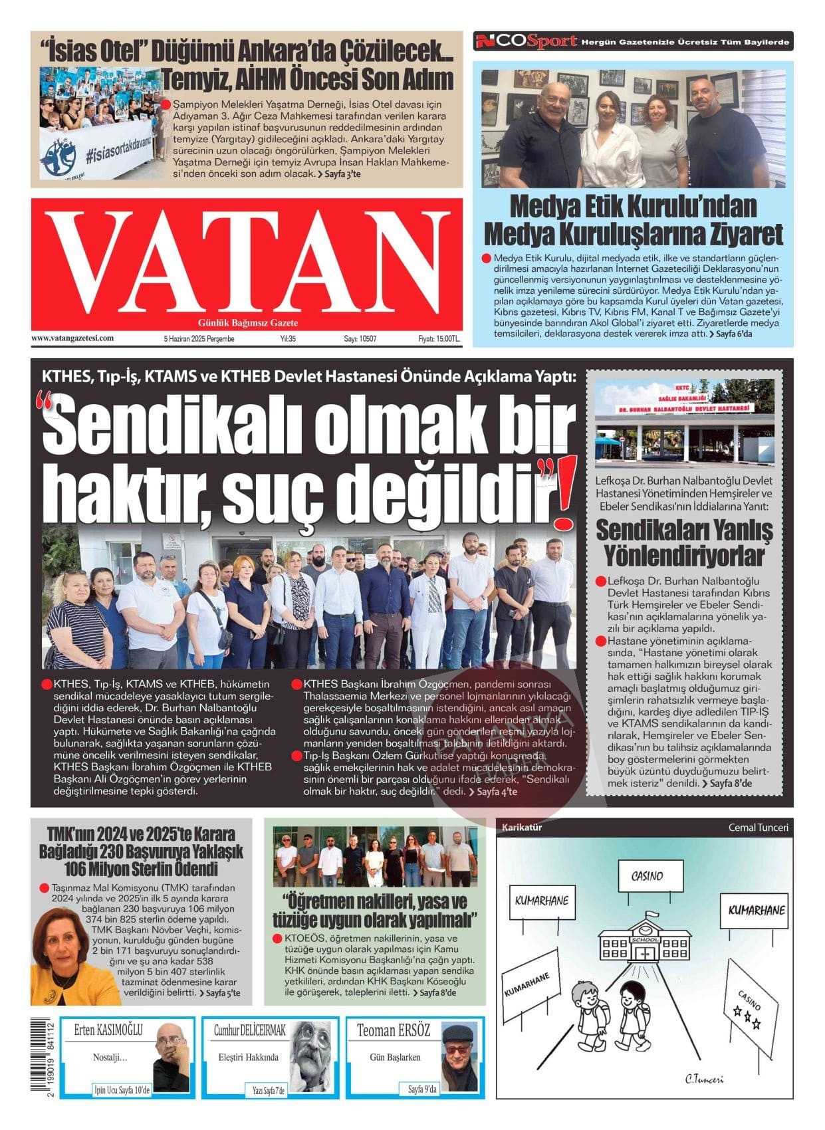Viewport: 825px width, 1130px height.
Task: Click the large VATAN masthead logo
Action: (246, 263)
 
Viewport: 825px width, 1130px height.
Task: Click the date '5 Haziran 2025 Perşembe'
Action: (199, 338)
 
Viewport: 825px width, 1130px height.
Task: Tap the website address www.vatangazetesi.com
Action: (72, 338)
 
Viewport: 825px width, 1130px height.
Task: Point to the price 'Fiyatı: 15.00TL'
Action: (439, 338)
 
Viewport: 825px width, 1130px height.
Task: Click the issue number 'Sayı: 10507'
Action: (360, 338)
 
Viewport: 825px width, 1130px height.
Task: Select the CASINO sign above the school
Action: (650, 876)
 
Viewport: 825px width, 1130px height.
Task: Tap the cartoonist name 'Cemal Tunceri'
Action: (758, 828)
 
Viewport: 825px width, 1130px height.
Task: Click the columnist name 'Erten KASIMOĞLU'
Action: (108, 1030)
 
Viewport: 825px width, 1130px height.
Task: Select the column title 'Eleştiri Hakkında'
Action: (249, 1058)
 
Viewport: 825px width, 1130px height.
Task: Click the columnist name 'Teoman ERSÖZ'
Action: (394, 1031)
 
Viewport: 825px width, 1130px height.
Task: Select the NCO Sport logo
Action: (525, 42)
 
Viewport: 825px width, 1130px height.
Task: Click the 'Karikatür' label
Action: (522, 828)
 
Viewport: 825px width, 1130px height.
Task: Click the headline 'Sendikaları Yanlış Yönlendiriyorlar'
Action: (684, 542)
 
